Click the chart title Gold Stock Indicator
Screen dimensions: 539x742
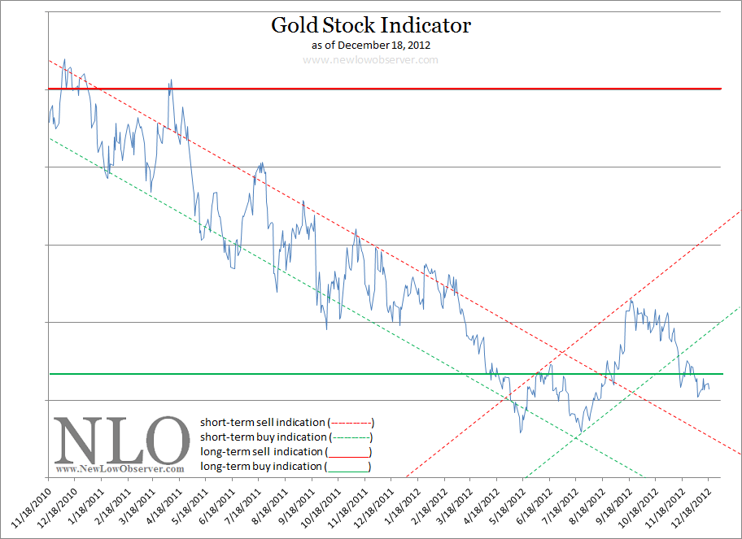tap(371, 25)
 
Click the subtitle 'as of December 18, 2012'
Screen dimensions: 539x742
tap(371, 45)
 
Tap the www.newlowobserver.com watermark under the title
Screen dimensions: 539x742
tap(371, 60)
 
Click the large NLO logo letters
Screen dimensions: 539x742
tap(122, 441)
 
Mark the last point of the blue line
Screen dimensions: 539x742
tap(709, 389)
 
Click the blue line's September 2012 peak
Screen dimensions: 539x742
tap(631, 299)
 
